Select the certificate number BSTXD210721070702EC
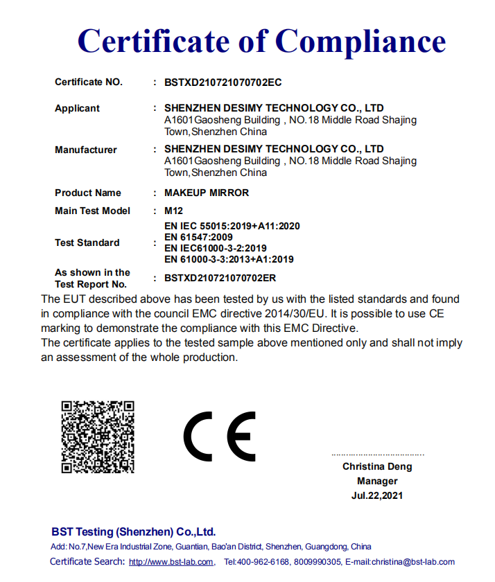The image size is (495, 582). coord(223,82)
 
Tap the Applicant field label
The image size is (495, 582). coord(77,108)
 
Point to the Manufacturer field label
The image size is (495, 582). coord(86,150)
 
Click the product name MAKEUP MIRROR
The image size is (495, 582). coord(207,193)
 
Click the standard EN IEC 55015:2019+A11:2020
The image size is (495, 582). coord(232,226)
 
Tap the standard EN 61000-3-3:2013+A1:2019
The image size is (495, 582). coord(229,259)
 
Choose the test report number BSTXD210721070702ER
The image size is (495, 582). coord(220,278)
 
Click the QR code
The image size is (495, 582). coord(98,437)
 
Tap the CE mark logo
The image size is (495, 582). coord(219,436)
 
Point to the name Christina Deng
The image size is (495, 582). coord(378,467)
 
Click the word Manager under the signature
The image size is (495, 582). coord(378,481)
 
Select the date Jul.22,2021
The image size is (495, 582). coord(378,495)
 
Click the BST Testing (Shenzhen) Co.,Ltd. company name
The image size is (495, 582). coord(134,532)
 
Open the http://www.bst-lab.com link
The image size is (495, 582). coord(171,562)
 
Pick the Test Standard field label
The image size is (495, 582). coord(87,242)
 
